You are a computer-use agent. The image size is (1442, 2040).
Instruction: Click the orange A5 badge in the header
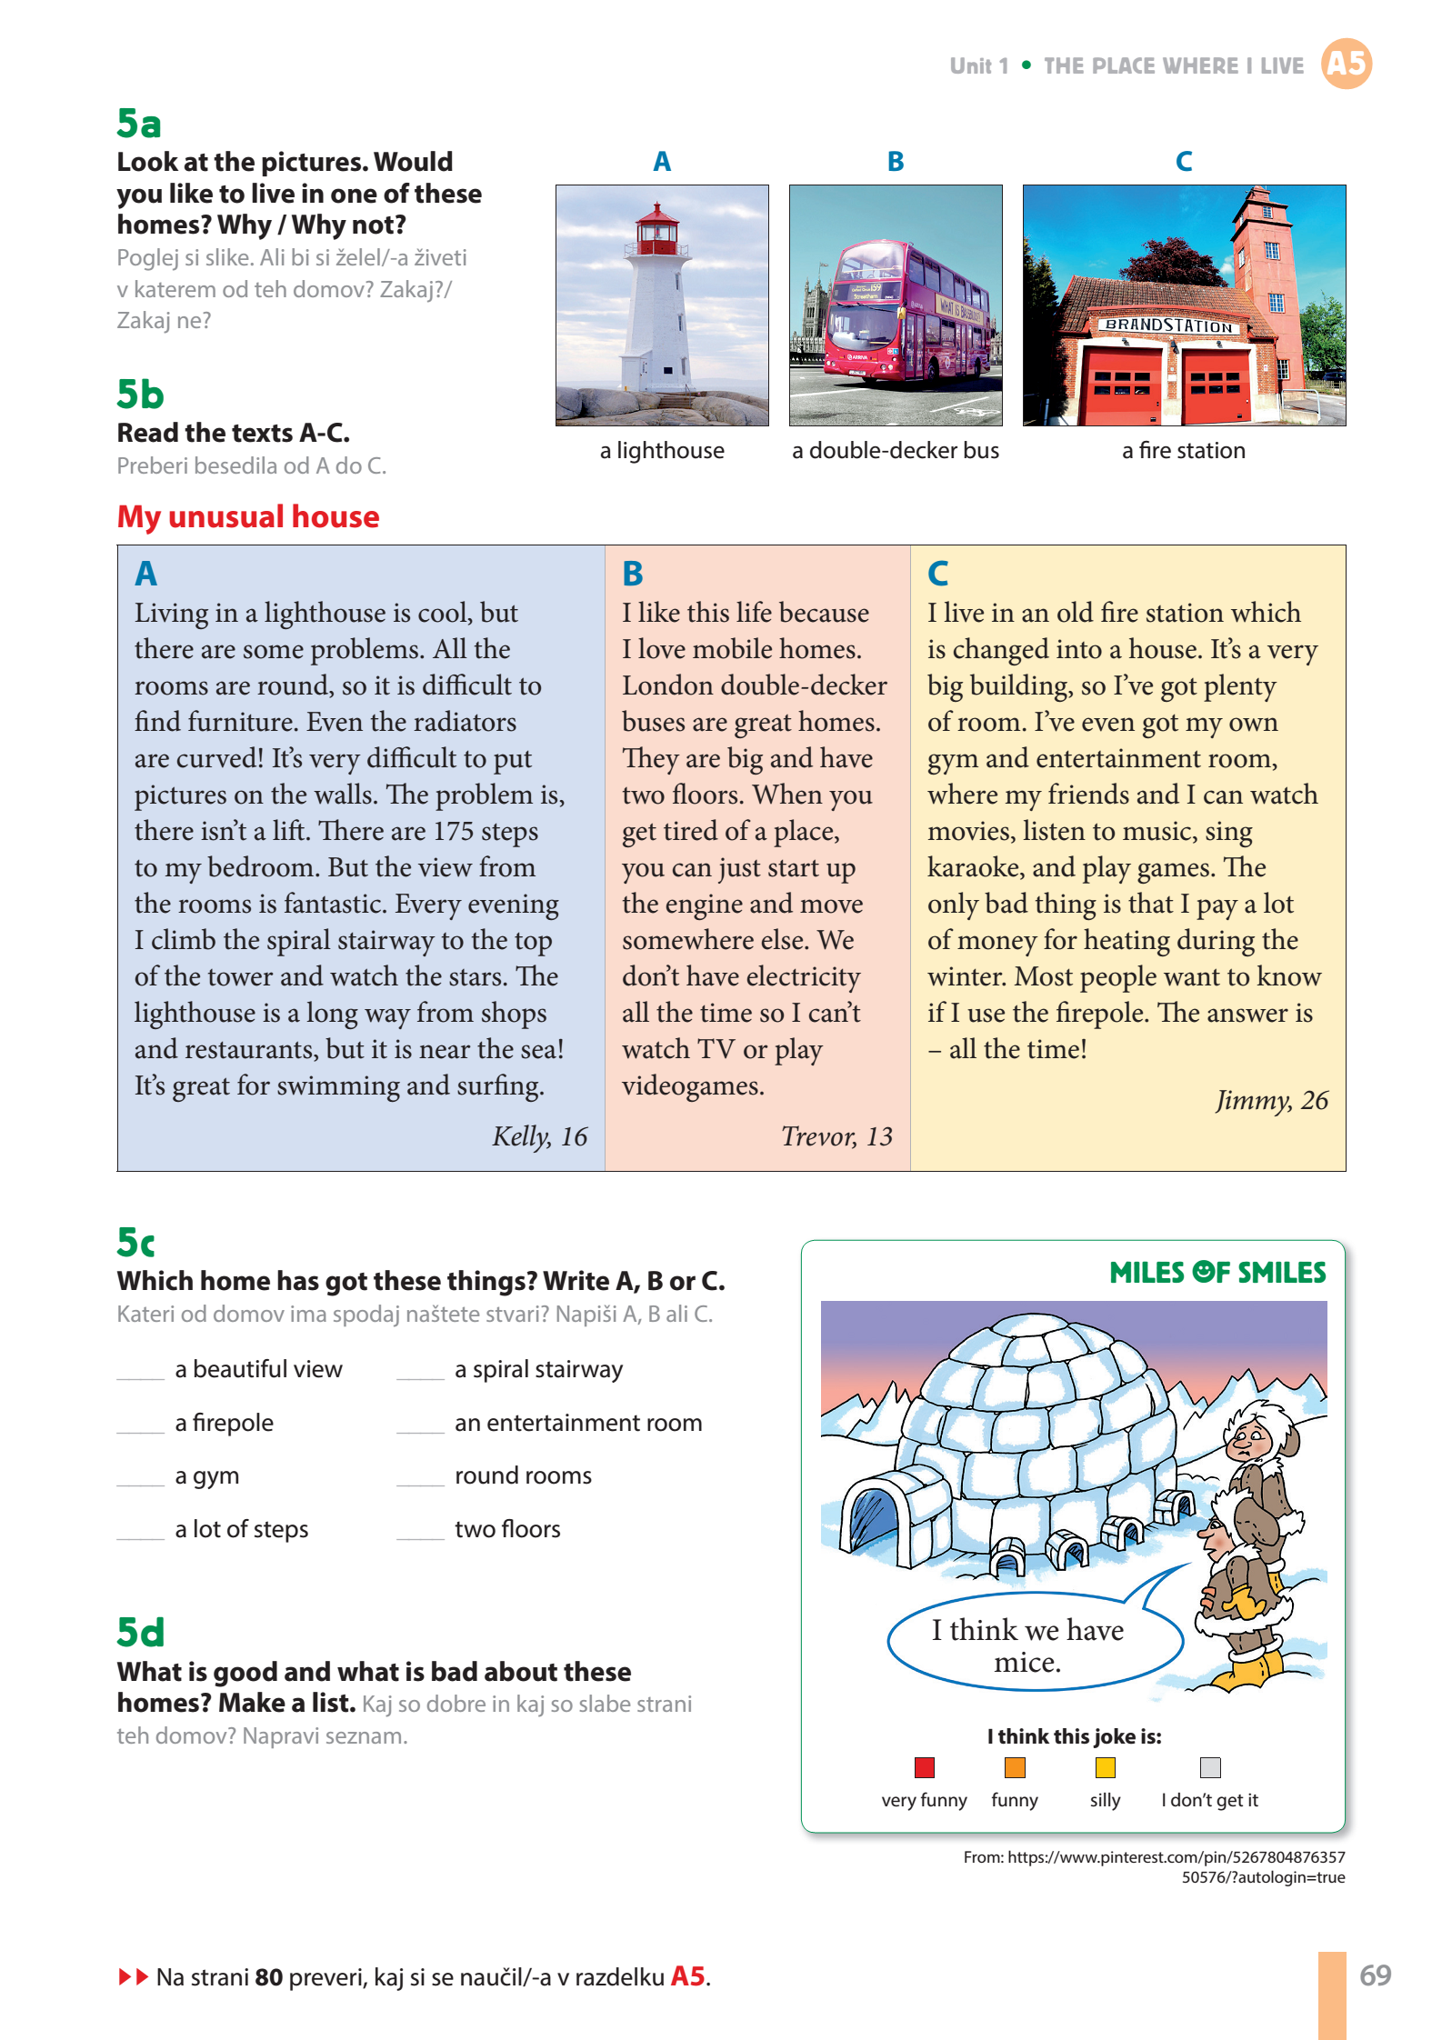(x=1346, y=64)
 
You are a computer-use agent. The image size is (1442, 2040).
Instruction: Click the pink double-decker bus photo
(x=896, y=305)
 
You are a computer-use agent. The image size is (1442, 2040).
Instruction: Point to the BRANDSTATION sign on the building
(x=1169, y=325)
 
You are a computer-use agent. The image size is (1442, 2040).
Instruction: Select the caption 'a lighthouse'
(x=662, y=450)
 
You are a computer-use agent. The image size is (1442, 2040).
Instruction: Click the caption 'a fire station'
(x=1183, y=450)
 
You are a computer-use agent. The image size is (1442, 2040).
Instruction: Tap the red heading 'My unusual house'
(x=248, y=516)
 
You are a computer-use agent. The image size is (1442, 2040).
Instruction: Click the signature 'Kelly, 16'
(x=539, y=1135)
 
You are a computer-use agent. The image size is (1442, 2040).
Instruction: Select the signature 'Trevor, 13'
(x=836, y=1135)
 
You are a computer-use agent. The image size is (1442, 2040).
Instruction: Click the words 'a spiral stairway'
(x=538, y=1369)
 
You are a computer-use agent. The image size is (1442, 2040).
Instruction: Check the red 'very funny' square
(x=925, y=1767)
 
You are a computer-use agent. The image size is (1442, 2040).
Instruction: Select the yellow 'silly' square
(x=1105, y=1767)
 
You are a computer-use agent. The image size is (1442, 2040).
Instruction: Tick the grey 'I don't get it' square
(x=1209, y=1767)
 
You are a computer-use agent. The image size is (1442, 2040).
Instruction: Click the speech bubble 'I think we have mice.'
(x=1027, y=1645)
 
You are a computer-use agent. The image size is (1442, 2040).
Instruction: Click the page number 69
(x=1375, y=1975)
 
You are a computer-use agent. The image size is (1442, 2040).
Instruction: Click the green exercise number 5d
(x=141, y=1633)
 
